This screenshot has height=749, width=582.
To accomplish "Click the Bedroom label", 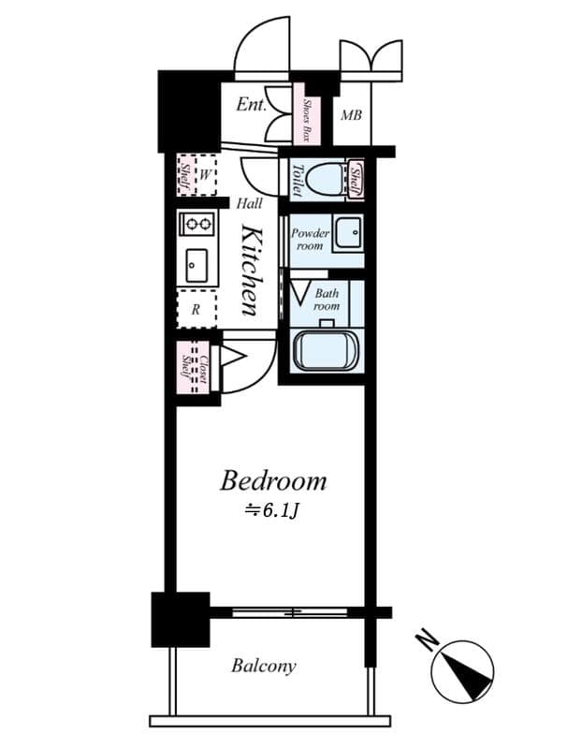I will [x=272, y=481].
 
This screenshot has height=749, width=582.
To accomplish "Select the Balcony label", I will [x=264, y=667].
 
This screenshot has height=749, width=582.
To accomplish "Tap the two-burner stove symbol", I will [x=197, y=223].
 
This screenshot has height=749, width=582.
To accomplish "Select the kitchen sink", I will [x=197, y=265].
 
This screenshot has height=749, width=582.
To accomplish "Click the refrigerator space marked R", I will [x=196, y=308].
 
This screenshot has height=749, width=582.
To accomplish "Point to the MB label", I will [x=351, y=116].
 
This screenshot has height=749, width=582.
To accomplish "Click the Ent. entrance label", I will [x=251, y=104].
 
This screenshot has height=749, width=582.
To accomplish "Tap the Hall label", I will [x=249, y=203].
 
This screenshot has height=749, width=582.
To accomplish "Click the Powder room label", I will [x=310, y=239].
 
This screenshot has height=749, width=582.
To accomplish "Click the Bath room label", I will [x=327, y=300].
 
